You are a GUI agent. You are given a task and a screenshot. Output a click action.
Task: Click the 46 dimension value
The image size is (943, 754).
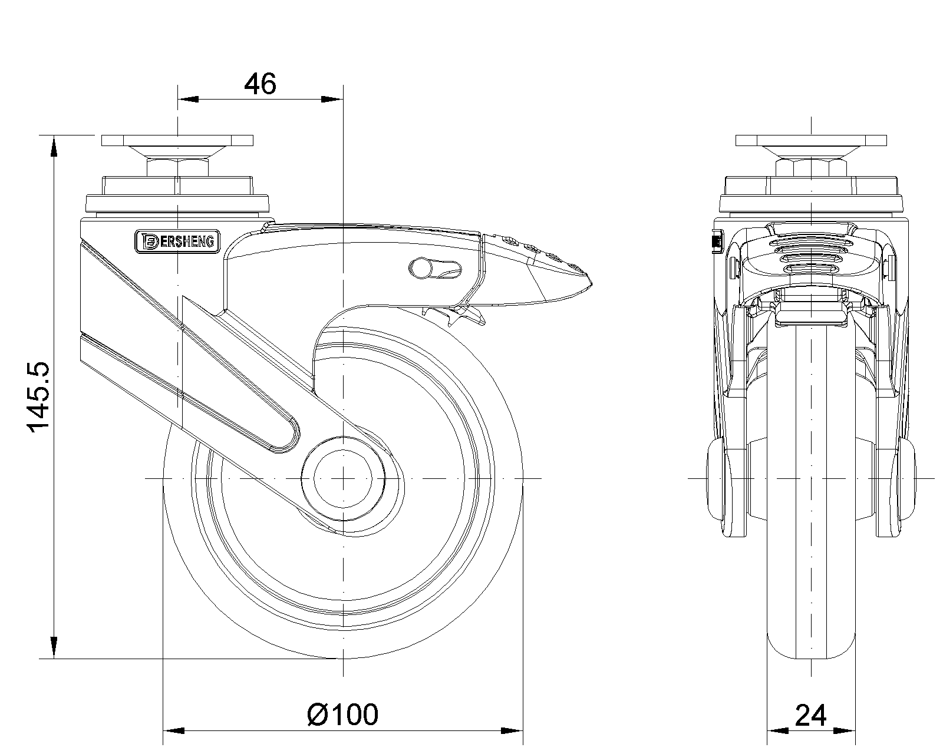click(260, 84)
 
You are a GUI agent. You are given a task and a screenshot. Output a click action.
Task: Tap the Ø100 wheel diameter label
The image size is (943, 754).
click(342, 715)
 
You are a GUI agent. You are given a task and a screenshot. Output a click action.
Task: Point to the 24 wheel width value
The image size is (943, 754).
click(811, 715)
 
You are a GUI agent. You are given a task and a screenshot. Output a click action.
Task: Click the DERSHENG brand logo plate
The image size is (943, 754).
click(177, 241)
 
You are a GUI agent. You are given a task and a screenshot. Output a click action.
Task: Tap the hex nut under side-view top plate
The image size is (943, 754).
click(177, 167)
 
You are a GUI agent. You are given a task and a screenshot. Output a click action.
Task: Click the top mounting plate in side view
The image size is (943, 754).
click(177, 141)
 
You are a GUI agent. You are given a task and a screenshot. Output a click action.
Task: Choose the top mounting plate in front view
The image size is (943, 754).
click(811, 141)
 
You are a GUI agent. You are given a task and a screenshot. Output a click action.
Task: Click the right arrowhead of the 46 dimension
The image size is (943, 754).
click(332, 100)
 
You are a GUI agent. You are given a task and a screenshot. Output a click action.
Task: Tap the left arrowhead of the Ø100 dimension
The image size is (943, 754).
click(173, 732)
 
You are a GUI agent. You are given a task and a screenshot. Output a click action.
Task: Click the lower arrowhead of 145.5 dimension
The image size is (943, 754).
click(54, 648)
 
